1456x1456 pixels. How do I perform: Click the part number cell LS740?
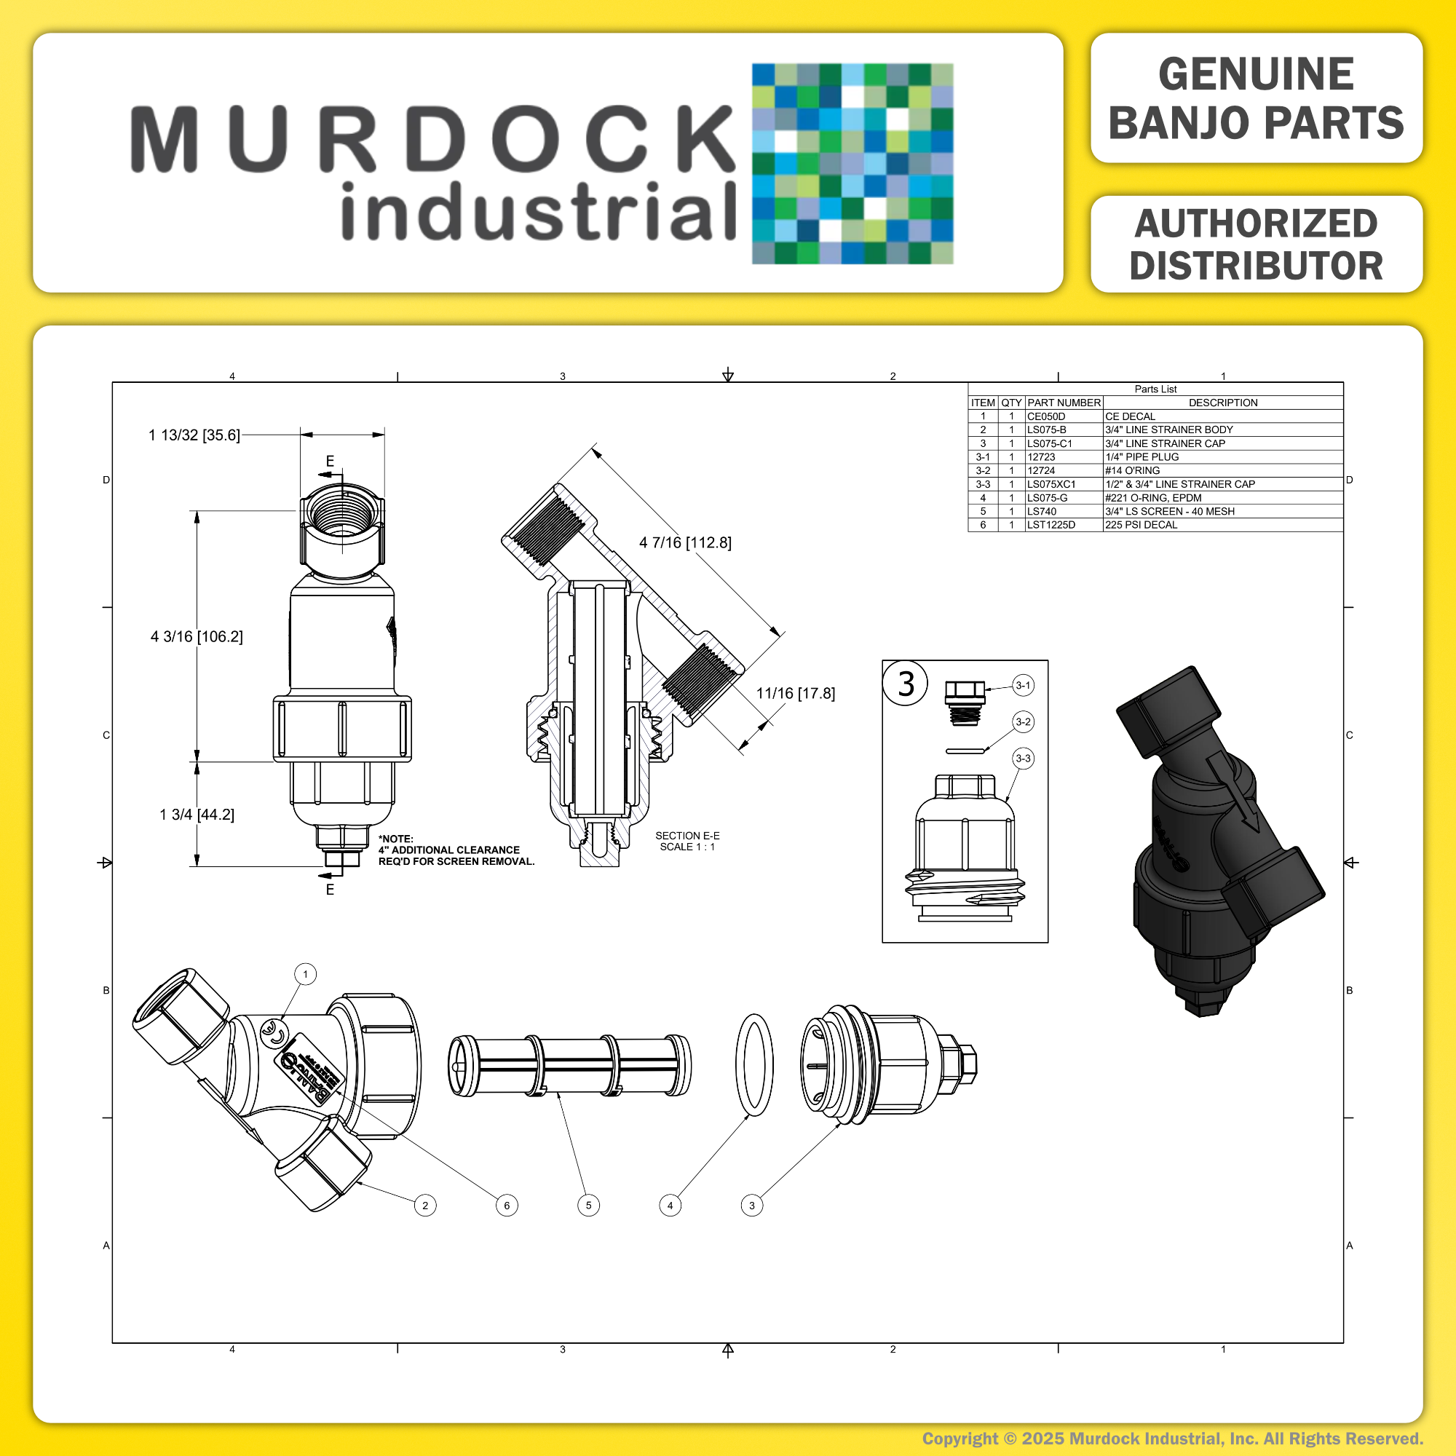point(1042,511)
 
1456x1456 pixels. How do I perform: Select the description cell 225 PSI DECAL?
point(1141,524)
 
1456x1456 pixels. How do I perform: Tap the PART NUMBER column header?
point(1064,403)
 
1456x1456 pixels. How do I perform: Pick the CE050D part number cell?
point(1046,416)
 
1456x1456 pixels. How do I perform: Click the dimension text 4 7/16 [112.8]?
point(685,542)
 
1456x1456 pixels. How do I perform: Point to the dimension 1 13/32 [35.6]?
point(194,435)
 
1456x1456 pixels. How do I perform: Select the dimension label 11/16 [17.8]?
point(796,693)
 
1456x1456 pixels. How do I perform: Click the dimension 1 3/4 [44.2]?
point(197,815)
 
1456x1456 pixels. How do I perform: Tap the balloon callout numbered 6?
point(507,1206)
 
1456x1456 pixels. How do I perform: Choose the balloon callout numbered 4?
point(670,1206)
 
